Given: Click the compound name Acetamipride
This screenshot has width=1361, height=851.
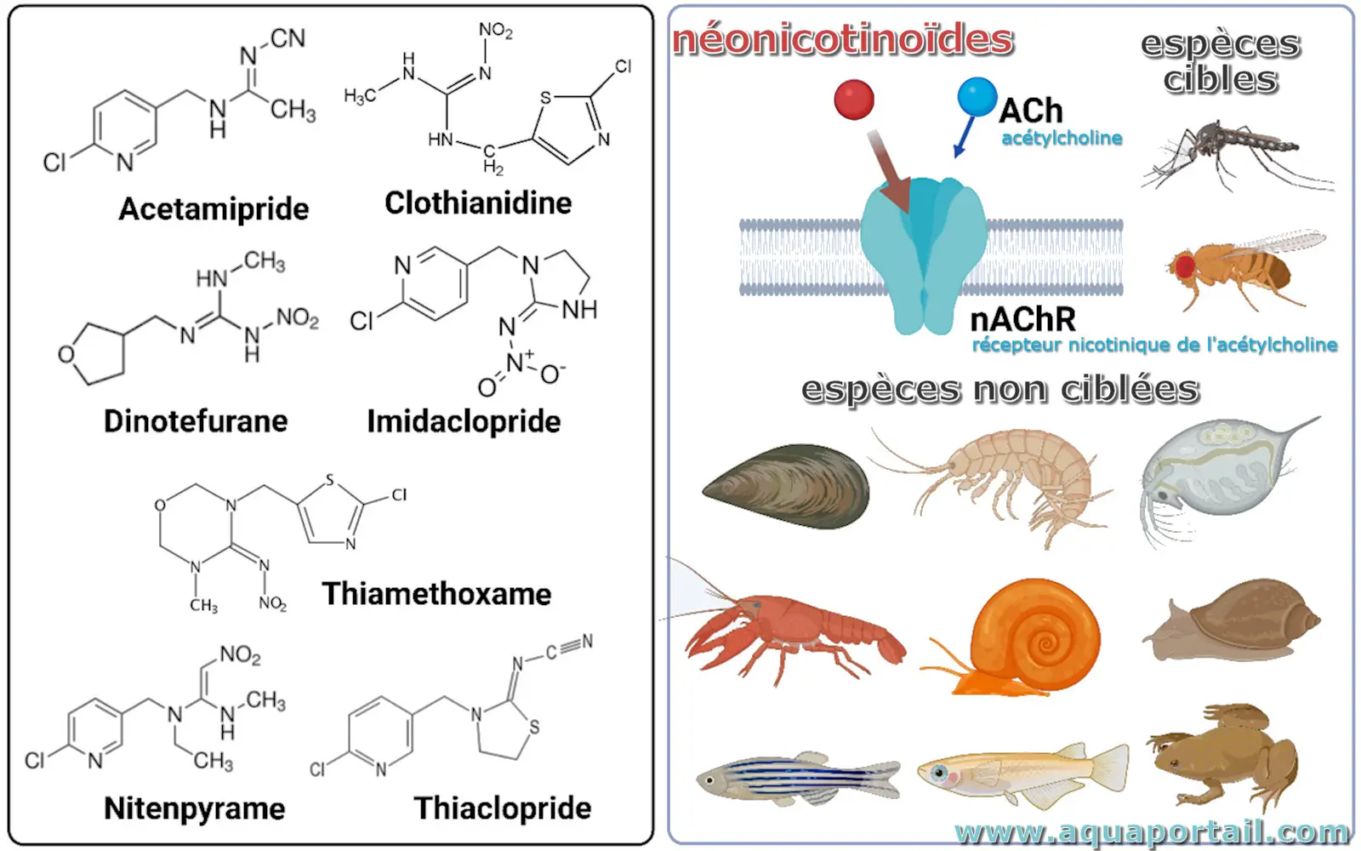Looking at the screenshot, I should click(214, 209).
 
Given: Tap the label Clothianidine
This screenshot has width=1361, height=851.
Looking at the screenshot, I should click(478, 203).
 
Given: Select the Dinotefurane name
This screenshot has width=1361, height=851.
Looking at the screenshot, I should click(196, 421).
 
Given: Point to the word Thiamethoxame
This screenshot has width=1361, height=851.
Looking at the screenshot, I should click(436, 594).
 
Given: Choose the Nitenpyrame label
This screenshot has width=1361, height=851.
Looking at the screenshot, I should click(195, 808).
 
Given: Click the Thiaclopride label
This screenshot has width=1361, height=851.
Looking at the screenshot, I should click(503, 808).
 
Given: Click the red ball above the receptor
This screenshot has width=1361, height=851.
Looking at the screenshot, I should click(854, 99).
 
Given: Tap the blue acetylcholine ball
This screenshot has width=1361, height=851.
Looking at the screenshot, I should click(977, 96).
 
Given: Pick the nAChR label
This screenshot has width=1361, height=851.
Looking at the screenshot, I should click(1023, 320).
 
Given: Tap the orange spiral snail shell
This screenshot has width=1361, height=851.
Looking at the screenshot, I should click(1034, 633).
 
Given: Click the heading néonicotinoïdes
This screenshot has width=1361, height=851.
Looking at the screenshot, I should click(842, 40).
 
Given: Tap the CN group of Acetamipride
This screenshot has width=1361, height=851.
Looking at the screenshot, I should click(288, 38).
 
